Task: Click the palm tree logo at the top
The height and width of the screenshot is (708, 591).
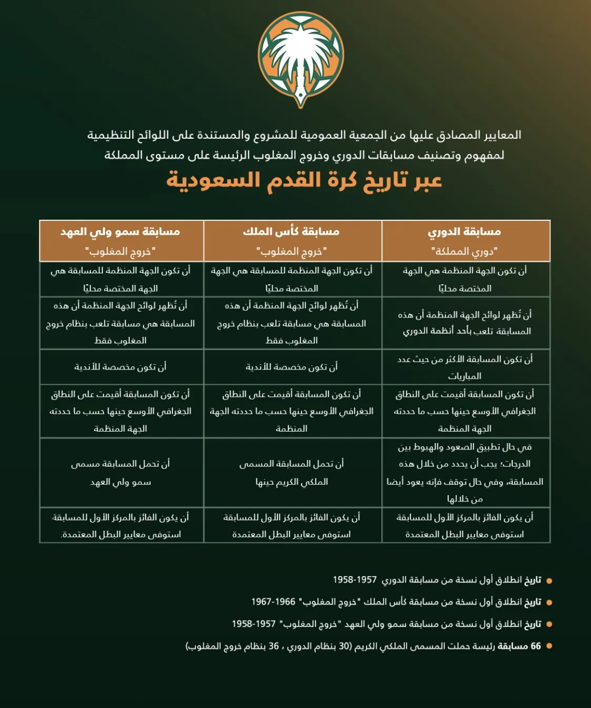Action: click(300, 59)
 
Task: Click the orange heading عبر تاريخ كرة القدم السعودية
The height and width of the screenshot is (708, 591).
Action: click(304, 180)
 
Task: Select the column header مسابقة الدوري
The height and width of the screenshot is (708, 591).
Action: click(464, 231)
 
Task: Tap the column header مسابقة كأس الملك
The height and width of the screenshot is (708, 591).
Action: click(292, 231)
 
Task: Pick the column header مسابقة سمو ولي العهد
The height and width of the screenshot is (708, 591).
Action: click(120, 231)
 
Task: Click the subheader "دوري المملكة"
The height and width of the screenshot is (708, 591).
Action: click(464, 251)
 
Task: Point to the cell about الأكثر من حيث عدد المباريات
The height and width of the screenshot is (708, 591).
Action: click(465, 367)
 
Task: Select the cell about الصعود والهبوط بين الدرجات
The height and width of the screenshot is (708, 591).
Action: click(465, 473)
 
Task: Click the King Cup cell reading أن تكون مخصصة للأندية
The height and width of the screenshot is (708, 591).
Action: click(292, 367)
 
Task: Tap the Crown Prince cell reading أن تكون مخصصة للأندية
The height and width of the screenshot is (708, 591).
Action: click(120, 367)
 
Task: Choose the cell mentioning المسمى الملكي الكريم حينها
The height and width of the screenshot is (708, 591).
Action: click(292, 473)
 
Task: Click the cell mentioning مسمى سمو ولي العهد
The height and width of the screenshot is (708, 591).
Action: click(120, 473)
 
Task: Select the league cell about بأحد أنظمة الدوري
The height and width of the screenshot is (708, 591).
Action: click(465, 323)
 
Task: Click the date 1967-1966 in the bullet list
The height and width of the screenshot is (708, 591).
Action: click(273, 602)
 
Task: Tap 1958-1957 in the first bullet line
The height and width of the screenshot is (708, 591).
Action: click(355, 580)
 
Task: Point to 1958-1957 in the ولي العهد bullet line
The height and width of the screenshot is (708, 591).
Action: click(254, 624)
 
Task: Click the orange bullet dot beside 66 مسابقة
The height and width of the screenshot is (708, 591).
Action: click(549, 646)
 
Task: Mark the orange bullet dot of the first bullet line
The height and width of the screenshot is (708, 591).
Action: click(549, 581)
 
